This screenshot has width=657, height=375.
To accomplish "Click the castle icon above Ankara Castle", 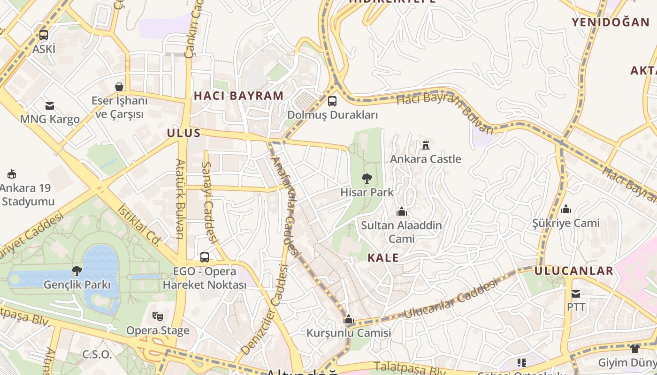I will click(426, 145).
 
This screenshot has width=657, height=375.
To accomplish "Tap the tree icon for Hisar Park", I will click(367, 178).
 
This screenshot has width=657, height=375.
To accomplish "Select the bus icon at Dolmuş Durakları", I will click(332, 101).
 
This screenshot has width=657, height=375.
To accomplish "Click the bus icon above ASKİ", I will click(44, 35).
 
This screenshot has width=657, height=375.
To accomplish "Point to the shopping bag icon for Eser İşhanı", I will click(119, 87).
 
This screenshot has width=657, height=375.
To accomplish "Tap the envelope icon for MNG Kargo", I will click(50, 105).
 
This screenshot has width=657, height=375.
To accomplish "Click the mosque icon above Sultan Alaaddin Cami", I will click(401, 211).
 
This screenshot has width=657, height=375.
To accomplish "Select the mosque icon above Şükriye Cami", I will click(566, 209).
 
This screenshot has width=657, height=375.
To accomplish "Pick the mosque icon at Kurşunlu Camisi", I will click(348, 319).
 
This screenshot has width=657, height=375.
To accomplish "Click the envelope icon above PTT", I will click(576, 294).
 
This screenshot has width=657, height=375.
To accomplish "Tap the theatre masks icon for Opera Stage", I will click(158, 316).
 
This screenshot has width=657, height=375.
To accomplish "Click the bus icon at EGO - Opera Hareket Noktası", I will click(205, 257).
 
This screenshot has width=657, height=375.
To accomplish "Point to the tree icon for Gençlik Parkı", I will click(76, 270).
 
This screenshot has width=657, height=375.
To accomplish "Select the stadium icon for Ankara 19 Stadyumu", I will click(12, 174).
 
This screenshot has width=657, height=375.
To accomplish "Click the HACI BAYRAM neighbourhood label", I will click(239, 96).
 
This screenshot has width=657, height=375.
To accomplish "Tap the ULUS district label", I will click(184, 133).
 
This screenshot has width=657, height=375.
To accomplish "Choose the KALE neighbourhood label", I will click(383, 258).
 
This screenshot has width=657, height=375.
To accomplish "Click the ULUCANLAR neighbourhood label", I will click(573, 271).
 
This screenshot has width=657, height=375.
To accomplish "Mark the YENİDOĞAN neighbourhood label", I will click(610, 22).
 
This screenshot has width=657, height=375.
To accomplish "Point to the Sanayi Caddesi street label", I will click(209, 202).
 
